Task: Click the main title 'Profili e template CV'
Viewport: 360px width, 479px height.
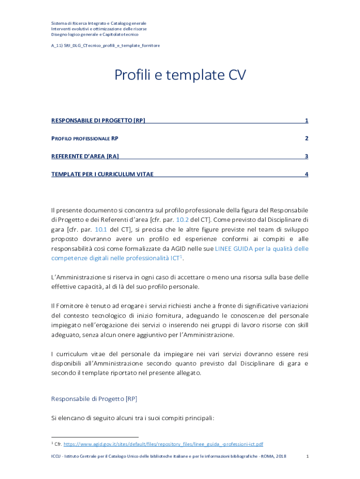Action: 180,75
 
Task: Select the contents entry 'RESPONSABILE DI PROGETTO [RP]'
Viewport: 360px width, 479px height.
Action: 98,121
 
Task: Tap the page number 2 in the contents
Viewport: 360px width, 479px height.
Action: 306,138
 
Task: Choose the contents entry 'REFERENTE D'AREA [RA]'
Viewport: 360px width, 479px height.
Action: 85,156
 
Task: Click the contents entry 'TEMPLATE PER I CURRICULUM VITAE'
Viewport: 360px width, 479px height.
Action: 102,174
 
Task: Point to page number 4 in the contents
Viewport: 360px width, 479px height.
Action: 306,174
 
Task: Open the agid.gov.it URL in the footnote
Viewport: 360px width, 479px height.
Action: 163,444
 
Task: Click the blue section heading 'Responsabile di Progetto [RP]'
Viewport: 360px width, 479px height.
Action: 94,399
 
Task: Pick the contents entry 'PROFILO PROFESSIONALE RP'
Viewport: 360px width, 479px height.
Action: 84,138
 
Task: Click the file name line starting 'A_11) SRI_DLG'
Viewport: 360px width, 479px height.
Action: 105,45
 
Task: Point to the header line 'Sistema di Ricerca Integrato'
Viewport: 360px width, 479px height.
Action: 99,23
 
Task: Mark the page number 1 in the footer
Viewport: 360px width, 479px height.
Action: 307,456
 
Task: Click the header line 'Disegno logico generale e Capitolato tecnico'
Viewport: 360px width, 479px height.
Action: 94,34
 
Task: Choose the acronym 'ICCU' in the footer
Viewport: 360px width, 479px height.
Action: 56,456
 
